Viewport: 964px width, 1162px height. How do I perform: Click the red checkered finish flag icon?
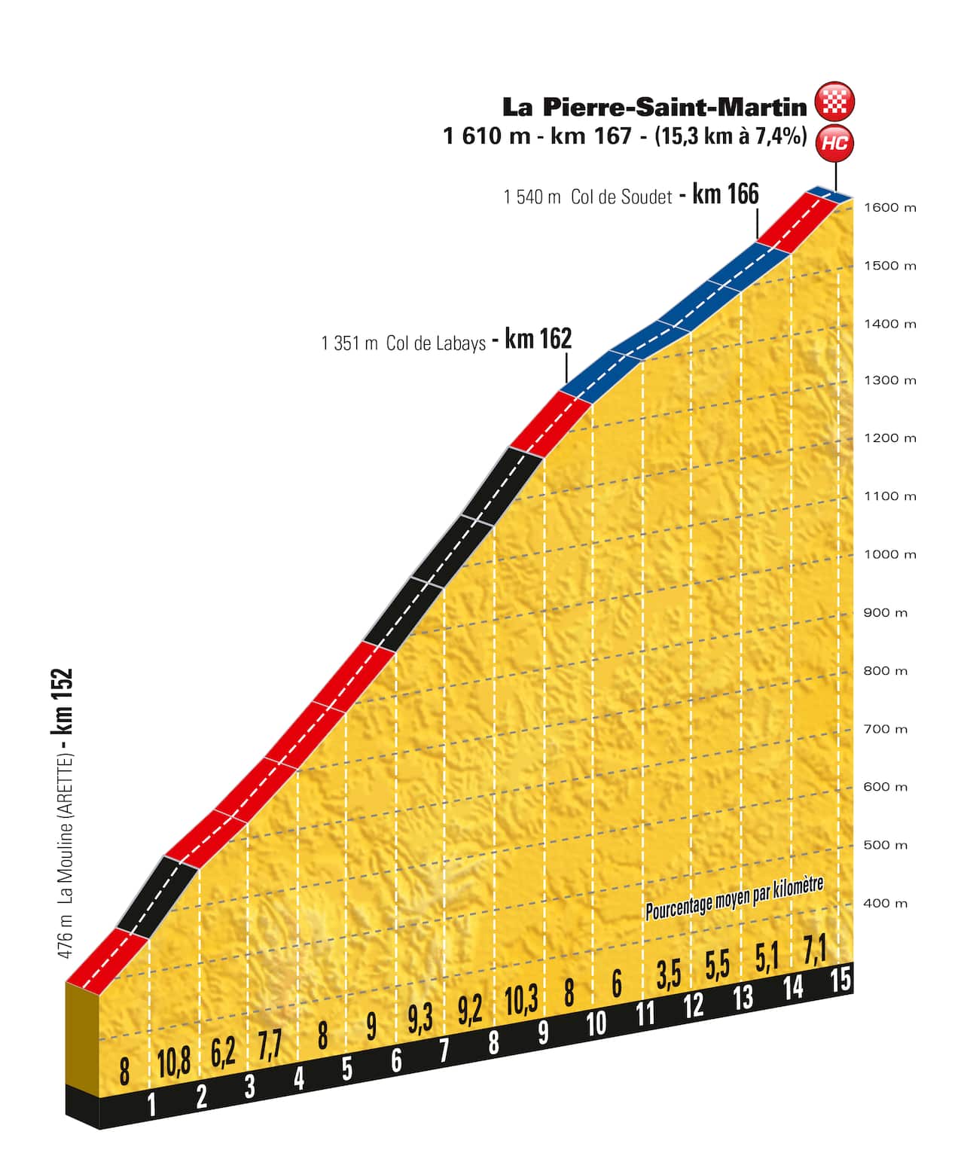click(x=834, y=102)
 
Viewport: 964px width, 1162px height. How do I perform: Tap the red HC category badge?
click(x=834, y=142)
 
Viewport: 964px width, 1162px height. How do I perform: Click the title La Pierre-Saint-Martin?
click(x=654, y=107)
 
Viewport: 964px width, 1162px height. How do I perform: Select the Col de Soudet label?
click(x=621, y=197)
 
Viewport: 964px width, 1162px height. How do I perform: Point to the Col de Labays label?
click(x=436, y=344)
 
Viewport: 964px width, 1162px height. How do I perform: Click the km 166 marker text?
click(x=725, y=194)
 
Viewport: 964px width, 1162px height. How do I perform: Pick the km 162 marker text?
click(x=538, y=339)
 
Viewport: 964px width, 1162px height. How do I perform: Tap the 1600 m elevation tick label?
click(x=889, y=208)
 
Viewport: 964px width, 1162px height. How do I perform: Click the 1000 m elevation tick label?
click(x=889, y=554)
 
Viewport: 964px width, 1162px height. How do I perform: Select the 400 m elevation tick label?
click(x=886, y=903)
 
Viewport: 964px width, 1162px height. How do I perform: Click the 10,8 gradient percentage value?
click(x=173, y=1063)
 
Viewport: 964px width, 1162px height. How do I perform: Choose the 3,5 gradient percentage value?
click(x=669, y=974)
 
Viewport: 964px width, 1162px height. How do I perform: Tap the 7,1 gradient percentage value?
click(x=815, y=949)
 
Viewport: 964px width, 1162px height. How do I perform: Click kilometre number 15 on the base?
click(x=840, y=979)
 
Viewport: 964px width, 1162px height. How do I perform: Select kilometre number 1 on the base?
click(x=151, y=1104)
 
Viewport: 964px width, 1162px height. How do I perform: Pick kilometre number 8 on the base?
click(x=493, y=1042)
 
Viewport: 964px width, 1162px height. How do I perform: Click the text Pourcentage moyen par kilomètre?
click(x=734, y=898)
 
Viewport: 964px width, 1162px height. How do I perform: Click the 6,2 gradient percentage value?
click(x=223, y=1054)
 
